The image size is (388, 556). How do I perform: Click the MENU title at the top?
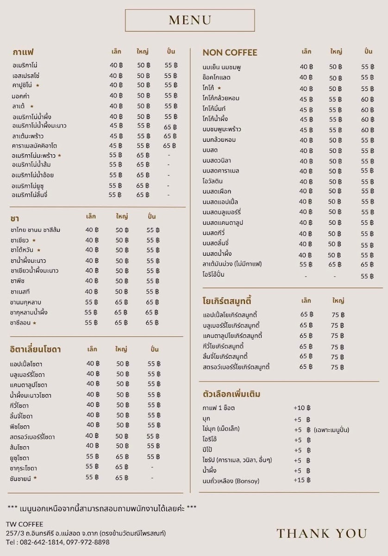click(x=190, y=20)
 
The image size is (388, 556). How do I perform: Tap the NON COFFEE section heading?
click(x=230, y=52)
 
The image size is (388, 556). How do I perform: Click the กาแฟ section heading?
click(x=23, y=52)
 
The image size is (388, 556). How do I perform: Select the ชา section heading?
click(x=14, y=218)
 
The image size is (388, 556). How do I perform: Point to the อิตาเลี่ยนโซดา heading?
click(x=35, y=349)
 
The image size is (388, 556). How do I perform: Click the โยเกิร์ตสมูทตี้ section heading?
click(x=227, y=301)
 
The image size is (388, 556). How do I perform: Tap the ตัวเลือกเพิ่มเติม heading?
click(x=232, y=394)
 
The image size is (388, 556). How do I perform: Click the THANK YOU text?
click(x=322, y=533)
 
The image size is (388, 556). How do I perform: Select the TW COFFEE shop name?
click(x=25, y=524)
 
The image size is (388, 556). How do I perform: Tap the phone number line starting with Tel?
click(x=58, y=542)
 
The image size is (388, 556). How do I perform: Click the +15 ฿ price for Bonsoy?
click(x=301, y=480)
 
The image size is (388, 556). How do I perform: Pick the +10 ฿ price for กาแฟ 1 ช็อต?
click(x=301, y=408)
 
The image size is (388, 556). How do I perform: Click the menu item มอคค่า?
click(x=22, y=96)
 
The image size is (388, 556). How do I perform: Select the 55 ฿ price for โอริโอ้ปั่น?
click(x=367, y=276)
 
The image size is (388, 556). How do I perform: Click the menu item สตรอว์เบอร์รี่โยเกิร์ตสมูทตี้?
click(x=236, y=367)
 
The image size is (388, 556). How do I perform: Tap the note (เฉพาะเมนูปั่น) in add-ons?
click(x=331, y=430)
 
